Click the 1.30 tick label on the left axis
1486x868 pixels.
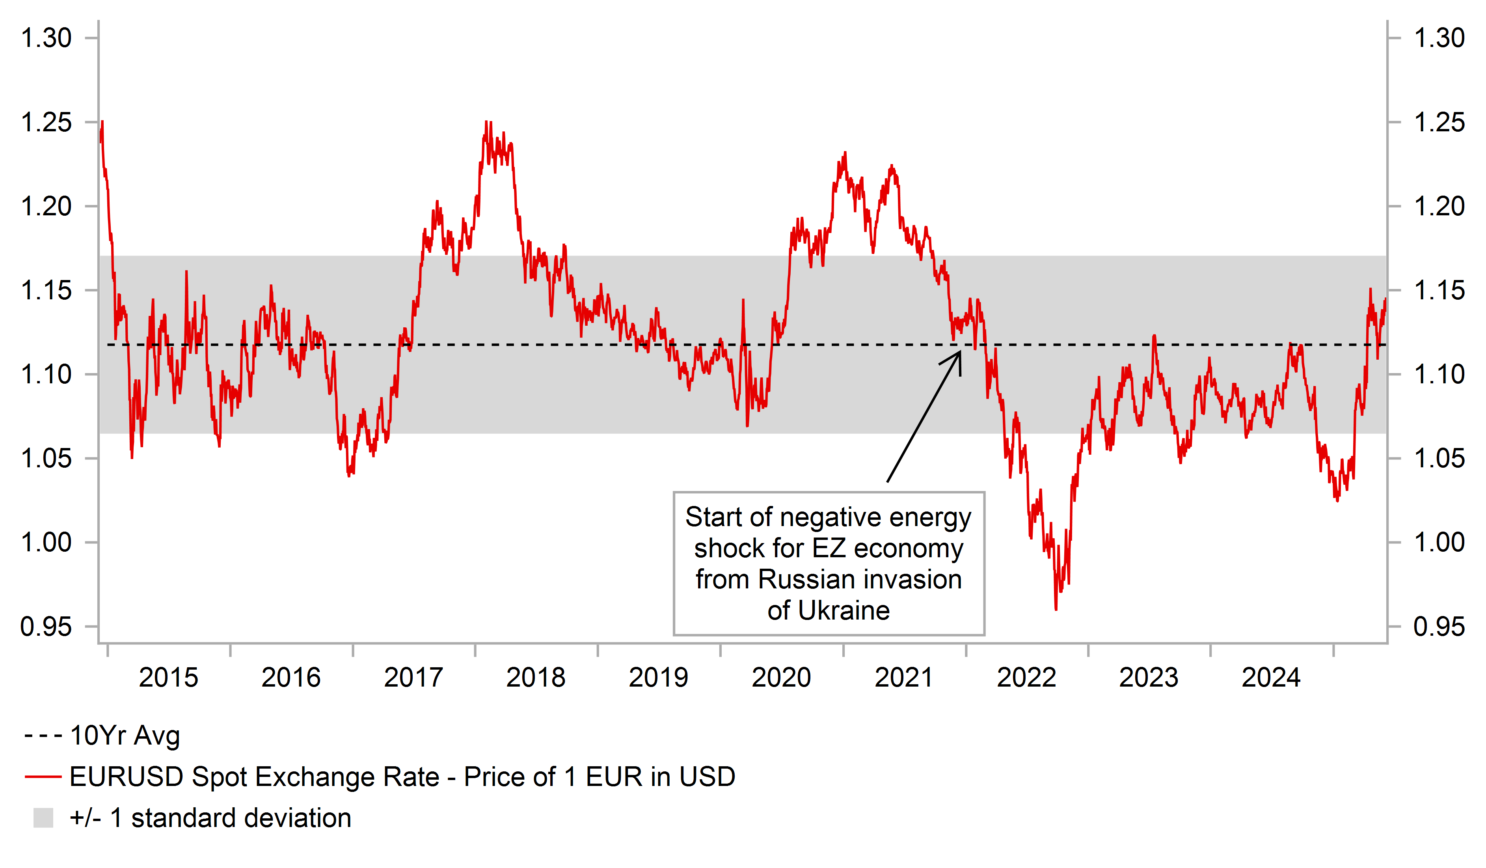(x=46, y=38)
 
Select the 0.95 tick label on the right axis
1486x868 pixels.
(x=1439, y=627)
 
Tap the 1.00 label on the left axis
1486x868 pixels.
(x=46, y=542)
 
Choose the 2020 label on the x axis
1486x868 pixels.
(x=781, y=678)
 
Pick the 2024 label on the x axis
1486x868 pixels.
(x=1271, y=678)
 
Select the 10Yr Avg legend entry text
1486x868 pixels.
(x=125, y=736)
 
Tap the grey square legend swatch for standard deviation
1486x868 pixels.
(x=43, y=818)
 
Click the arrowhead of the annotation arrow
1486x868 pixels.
(x=959, y=353)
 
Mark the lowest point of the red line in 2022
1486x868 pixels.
(x=1056, y=609)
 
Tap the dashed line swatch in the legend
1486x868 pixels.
(x=43, y=736)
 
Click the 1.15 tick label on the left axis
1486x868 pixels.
(x=46, y=290)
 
